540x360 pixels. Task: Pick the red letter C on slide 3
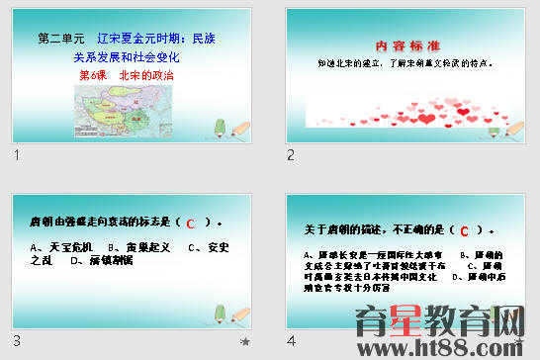coord(191,223)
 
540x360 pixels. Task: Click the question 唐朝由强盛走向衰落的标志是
coord(99,222)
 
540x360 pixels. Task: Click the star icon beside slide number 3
coord(245,341)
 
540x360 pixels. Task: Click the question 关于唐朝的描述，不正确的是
coord(376,230)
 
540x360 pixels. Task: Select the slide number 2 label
coord(291,155)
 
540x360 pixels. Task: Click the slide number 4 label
coord(291,341)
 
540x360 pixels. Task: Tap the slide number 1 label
coord(18,155)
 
